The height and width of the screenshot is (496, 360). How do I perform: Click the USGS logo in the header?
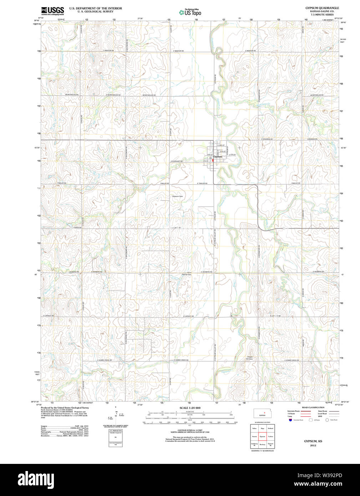click(52, 10)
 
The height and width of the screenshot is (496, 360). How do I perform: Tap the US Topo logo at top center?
click(190, 12)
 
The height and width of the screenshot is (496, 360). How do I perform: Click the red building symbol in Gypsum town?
click(213, 161)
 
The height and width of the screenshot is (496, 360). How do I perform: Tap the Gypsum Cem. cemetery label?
click(177, 196)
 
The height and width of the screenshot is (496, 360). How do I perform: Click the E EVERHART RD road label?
click(177, 161)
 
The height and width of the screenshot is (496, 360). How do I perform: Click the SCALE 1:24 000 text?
click(190, 408)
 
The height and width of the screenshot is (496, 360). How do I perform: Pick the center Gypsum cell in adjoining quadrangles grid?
click(262, 436)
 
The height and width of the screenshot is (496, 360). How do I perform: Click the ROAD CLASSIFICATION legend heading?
click(308, 408)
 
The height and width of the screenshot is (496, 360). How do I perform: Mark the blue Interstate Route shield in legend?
click(290, 420)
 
